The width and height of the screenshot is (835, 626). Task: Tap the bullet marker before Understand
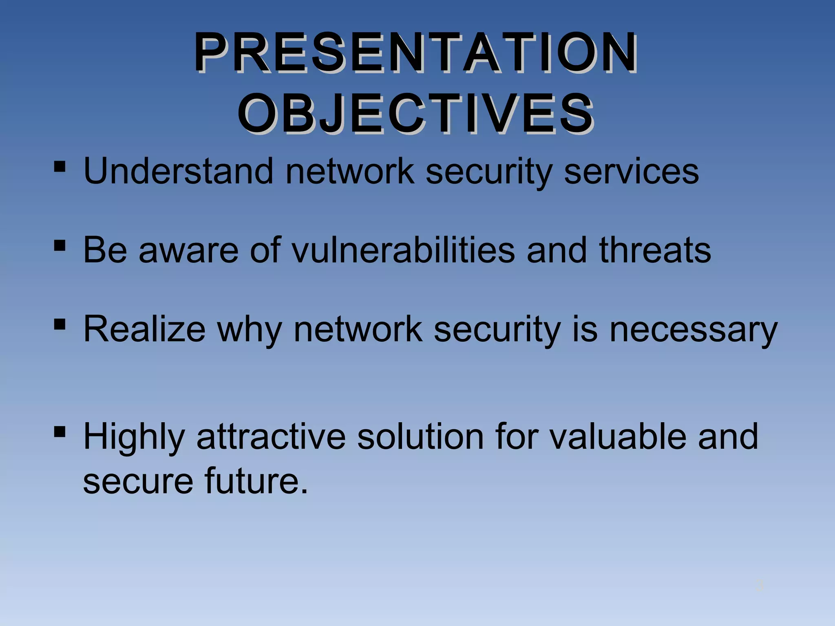click(x=60, y=167)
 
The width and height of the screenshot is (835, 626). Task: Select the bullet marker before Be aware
click(x=60, y=246)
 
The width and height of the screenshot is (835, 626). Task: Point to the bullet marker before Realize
click(x=60, y=325)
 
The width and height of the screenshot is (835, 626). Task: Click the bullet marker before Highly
click(x=60, y=432)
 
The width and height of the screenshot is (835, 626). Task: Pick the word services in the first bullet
click(x=631, y=171)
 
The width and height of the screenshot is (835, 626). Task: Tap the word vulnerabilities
click(x=404, y=250)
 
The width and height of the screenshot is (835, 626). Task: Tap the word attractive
click(x=271, y=436)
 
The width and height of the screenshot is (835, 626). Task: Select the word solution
click(x=420, y=436)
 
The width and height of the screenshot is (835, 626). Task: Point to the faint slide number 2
click(x=759, y=586)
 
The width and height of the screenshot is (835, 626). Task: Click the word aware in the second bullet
click(x=188, y=251)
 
